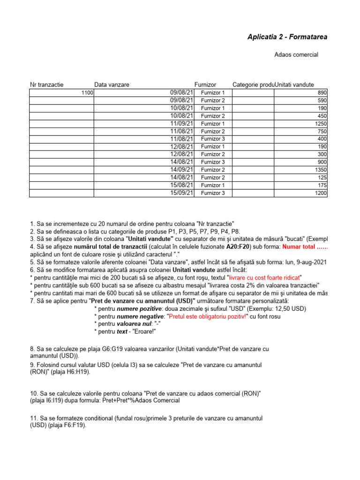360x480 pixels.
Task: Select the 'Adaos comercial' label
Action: click(x=296, y=55)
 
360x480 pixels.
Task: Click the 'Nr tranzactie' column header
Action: click(x=47, y=85)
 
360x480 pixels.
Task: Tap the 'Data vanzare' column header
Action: click(x=112, y=85)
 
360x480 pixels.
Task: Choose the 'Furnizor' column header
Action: click(x=205, y=85)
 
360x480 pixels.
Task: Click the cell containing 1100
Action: click(x=87, y=93)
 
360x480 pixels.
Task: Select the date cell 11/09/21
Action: click(x=181, y=123)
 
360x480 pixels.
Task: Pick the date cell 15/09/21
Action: click(x=181, y=193)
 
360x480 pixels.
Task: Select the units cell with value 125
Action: click(x=322, y=178)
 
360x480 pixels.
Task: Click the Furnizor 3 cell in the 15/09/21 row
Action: click(x=213, y=193)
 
